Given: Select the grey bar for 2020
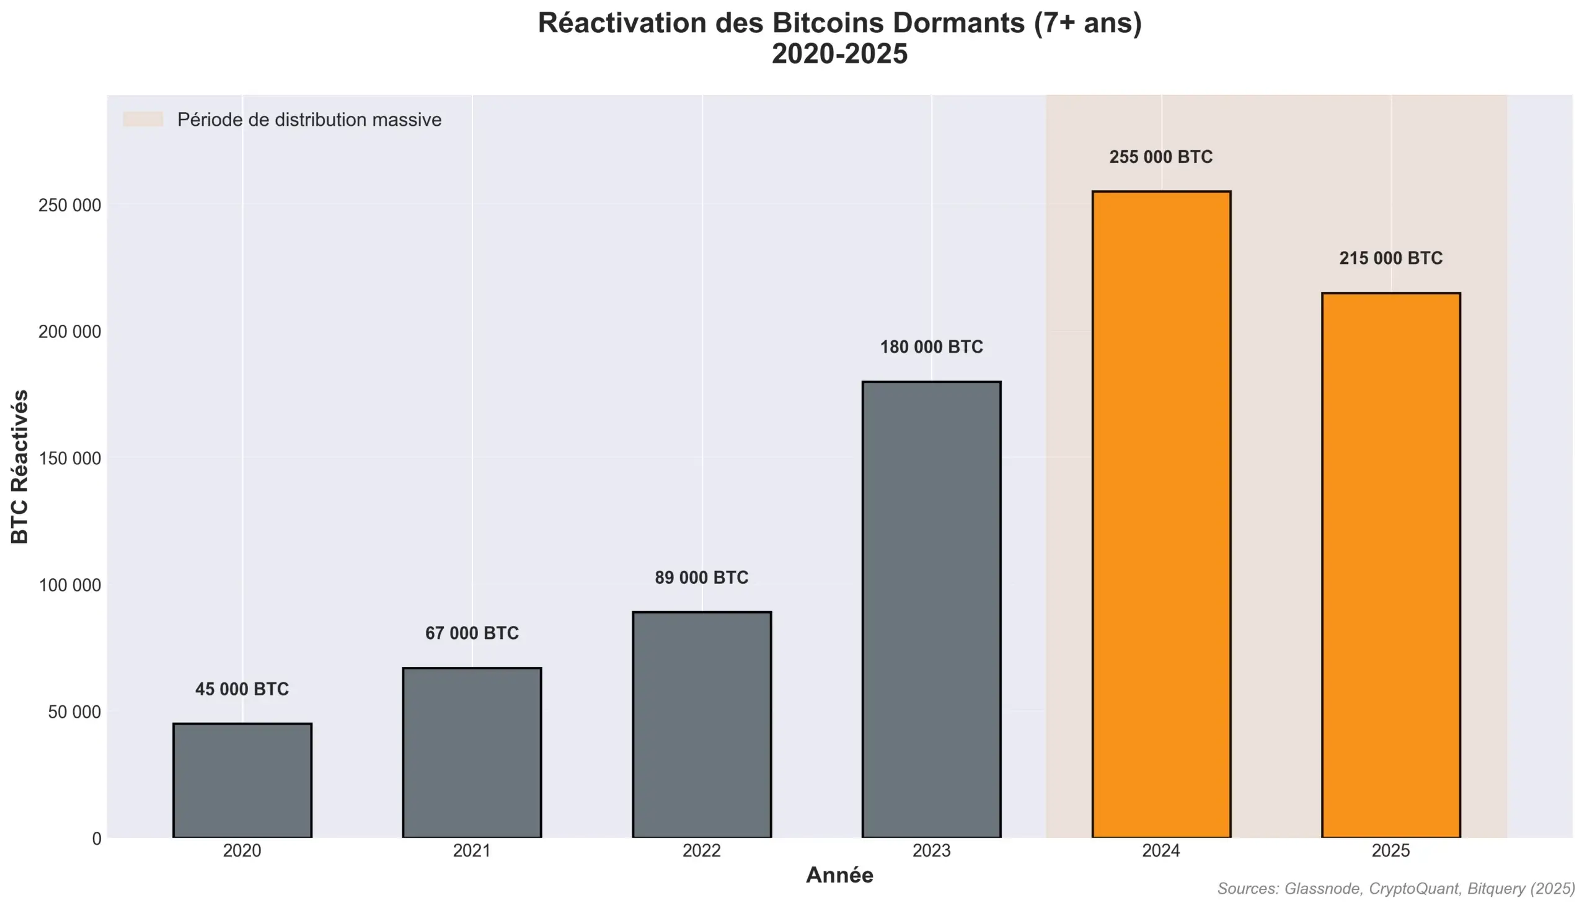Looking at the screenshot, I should [x=242, y=780].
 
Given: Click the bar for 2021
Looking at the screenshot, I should [x=472, y=752].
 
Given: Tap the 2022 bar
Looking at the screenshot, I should [x=702, y=724].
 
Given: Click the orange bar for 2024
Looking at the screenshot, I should [x=1161, y=514].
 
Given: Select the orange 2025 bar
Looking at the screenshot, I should [x=1390, y=565].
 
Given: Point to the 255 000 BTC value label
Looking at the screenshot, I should [x=1160, y=157].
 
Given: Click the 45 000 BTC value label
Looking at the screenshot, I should [x=242, y=689].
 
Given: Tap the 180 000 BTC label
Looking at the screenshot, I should [x=931, y=347].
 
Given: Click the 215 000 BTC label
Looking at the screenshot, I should [x=1390, y=258].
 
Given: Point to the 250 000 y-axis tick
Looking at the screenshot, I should [x=69, y=205].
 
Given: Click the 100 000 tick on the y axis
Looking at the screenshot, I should [x=69, y=585].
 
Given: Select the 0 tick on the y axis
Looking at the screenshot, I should [x=96, y=839].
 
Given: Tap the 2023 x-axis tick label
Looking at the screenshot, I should [x=931, y=850].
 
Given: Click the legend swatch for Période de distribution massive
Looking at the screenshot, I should [x=143, y=119].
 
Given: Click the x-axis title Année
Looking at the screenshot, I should [x=839, y=875].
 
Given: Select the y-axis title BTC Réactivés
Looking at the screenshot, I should [x=20, y=466].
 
